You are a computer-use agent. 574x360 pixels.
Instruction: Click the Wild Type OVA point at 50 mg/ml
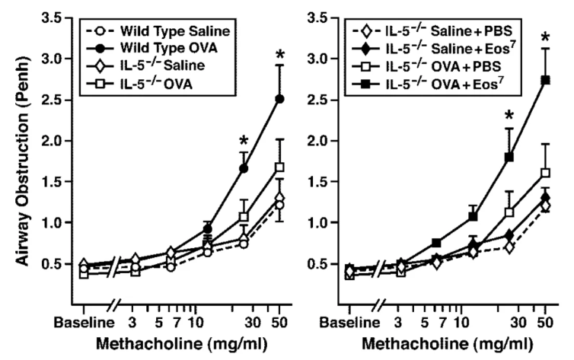pyautogui.click(x=280, y=98)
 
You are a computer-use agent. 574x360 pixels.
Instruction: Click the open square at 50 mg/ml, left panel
pyautogui.click(x=280, y=167)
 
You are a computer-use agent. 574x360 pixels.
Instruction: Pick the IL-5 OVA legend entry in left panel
pyautogui.click(x=148, y=84)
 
